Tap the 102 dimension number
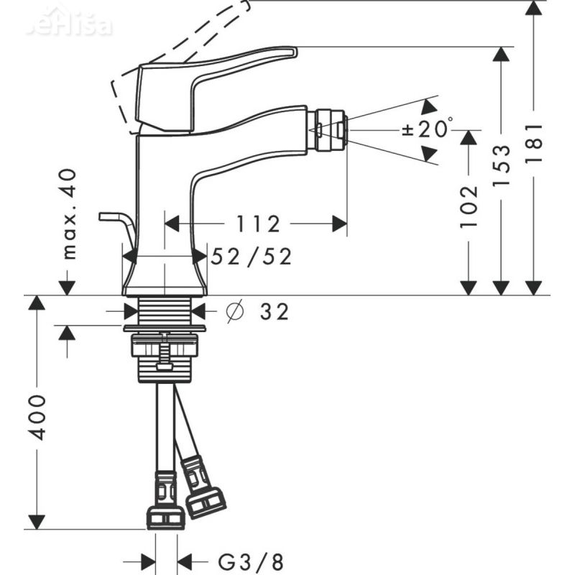469,206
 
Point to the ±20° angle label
427,129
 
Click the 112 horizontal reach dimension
256,225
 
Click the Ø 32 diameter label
257,312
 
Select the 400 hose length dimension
37,416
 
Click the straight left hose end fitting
165,503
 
